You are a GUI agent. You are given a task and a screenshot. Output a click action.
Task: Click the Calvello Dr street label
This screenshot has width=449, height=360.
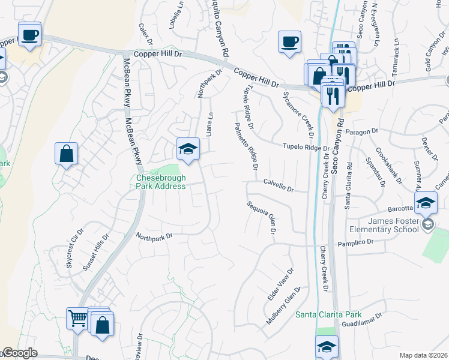(x=278, y=187)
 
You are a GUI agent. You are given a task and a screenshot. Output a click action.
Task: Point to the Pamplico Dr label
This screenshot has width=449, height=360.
(x=355, y=241)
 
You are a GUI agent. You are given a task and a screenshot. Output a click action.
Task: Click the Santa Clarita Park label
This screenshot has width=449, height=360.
(x=328, y=315)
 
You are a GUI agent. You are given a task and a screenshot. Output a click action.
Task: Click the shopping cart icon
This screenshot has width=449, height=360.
(x=77, y=319)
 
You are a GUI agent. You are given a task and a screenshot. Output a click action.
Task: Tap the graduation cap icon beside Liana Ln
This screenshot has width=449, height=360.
(x=188, y=149)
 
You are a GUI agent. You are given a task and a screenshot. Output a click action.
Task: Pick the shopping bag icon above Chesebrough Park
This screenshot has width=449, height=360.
(x=67, y=153)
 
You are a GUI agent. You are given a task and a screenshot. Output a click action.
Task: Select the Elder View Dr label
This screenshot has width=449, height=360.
(x=280, y=285)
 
